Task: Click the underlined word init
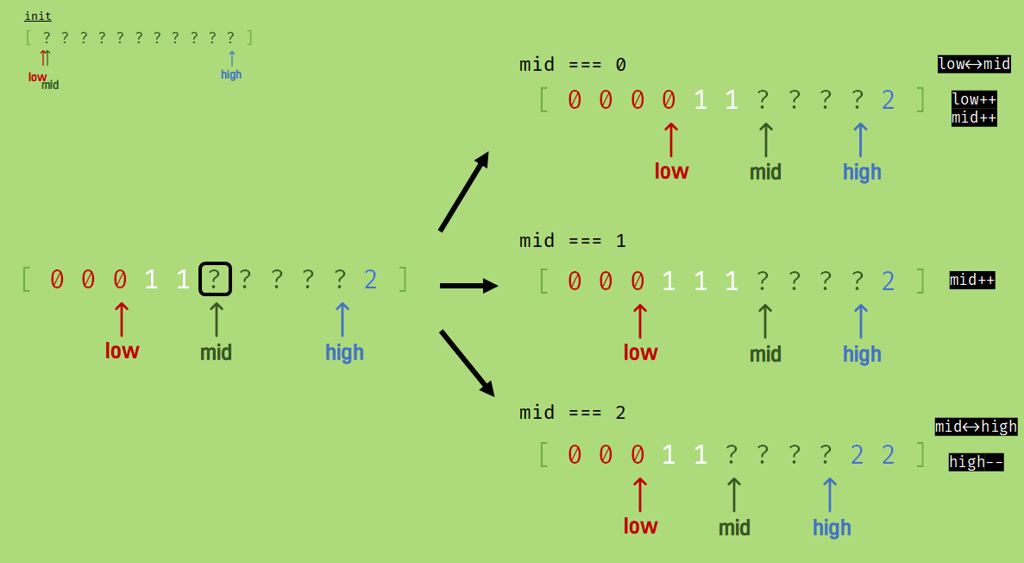click(x=38, y=16)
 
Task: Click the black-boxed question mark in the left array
click(x=215, y=279)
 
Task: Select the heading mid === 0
click(x=573, y=65)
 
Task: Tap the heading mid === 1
click(x=573, y=241)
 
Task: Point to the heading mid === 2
click(x=573, y=413)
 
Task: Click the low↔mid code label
click(x=974, y=64)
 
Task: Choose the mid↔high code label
click(x=976, y=427)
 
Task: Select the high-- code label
click(x=976, y=462)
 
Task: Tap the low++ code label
click(x=974, y=99)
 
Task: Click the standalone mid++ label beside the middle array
click(x=972, y=280)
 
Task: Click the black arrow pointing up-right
click(x=464, y=192)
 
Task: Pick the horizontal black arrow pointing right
click(x=468, y=286)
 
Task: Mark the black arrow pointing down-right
click(x=467, y=363)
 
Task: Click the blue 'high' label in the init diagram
click(x=231, y=74)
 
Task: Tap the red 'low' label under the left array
click(x=122, y=351)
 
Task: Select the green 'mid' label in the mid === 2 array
click(x=734, y=528)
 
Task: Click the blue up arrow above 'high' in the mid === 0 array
click(x=860, y=140)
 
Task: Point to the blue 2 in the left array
click(x=371, y=280)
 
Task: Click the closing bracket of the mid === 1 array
click(x=921, y=281)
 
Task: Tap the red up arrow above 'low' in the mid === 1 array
click(x=639, y=320)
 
